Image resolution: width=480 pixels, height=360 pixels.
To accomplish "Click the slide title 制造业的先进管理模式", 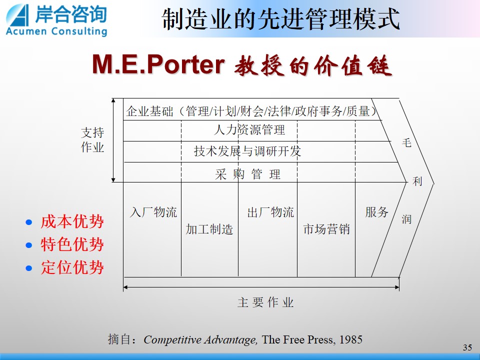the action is pyautogui.click(x=280, y=19).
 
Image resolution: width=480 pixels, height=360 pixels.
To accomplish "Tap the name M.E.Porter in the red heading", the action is pyautogui.click(x=158, y=64).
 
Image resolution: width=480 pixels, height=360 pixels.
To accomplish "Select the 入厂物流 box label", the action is pyautogui.click(x=153, y=212).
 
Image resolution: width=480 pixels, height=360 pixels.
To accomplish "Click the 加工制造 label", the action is pyautogui.click(x=209, y=229).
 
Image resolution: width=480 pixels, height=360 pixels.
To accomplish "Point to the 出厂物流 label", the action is pyautogui.click(x=270, y=212).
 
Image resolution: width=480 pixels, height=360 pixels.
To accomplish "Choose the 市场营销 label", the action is pyautogui.click(x=326, y=229).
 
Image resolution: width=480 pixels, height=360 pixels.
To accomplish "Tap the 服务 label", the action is pyautogui.click(x=377, y=212).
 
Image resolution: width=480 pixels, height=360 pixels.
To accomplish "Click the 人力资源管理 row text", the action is pyautogui.click(x=249, y=130).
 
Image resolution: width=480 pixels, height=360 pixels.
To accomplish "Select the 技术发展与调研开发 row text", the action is pyautogui.click(x=247, y=151).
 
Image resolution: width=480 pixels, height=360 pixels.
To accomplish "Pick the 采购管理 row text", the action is pyautogui.click(x=247, y=174).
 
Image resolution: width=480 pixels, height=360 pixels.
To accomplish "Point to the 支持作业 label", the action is pyautogui.click(x=92, y=140).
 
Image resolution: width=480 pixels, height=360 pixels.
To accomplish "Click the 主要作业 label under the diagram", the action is pyautogui.click(x=265, y=302).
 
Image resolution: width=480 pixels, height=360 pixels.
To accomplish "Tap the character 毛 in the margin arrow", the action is pyautogui.click(x=406, y=142).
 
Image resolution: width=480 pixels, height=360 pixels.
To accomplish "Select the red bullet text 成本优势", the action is pyautogui.click(x=72, y=221).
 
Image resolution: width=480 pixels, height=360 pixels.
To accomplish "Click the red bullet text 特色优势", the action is pyautogui.click(x=72, y=244).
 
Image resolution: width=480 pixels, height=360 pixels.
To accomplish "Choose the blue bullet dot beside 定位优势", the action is pyautogui.click(x=29, y=268).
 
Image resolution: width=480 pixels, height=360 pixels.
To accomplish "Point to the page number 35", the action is pyautogui.click(x=467, y=347).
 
